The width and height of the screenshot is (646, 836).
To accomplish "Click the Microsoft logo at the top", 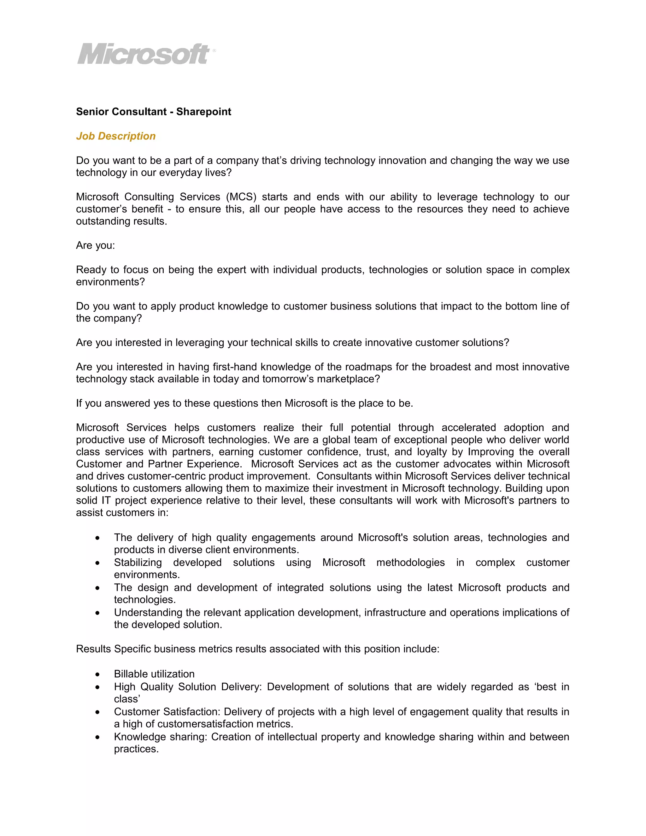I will pyautogui.click(x=145, y=54).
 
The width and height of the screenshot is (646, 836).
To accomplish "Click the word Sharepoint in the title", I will pyautogui.click(x=203, y=112).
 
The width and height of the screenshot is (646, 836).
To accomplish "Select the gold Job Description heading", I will pyautogui.click(x=115, y=136).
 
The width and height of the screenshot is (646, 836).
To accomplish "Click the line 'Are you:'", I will pyautogui.click(x=95, y=245).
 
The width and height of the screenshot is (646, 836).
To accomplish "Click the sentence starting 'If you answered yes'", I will pyautogui.click(x=244, y=403).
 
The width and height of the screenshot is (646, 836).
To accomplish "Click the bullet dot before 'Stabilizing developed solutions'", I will pyautogui.click(x=98, y=563).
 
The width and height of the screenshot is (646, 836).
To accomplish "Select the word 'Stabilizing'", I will pyautogui.click(x=138, y=563).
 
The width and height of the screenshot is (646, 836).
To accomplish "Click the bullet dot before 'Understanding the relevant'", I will pyautogui.click(x=98, y=613).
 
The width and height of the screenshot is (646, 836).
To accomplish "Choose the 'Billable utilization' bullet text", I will pyautogui.click(x=154, y=674).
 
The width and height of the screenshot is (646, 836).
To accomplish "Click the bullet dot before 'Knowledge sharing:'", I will pyautogui.click(x=98, y=738).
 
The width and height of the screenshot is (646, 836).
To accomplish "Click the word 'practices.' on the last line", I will pyautogui.click(x=136, y=749).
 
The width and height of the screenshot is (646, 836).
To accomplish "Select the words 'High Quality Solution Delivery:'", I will pyautogui.click(x=188, y=687).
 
